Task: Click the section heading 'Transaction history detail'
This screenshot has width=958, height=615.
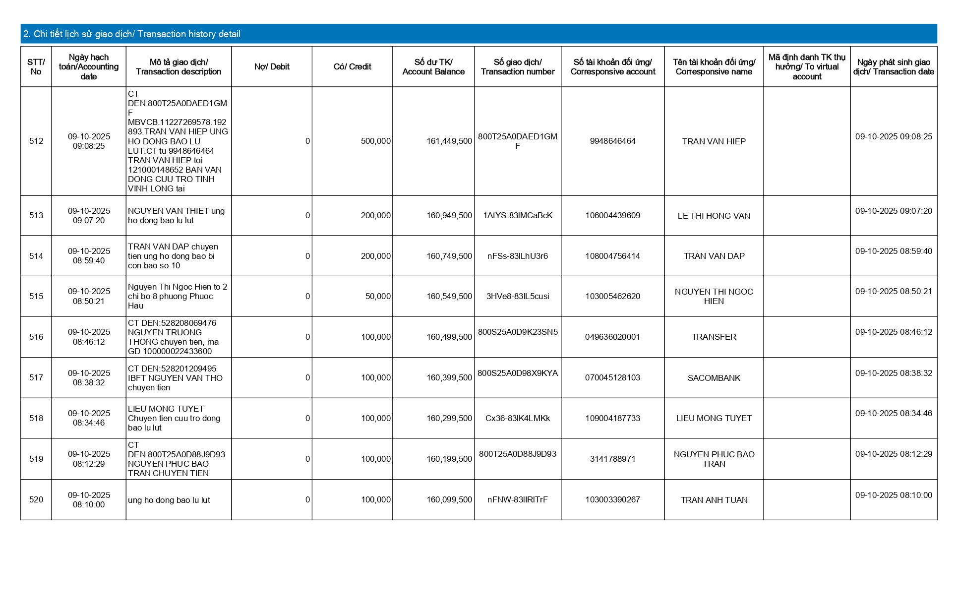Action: point(132,34)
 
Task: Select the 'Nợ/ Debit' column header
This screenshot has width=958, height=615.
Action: point(272,67)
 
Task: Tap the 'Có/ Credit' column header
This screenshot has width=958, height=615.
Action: point(352,67)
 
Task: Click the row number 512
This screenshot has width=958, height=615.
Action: point(36,141)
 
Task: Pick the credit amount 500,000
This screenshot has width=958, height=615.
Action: point(375,141)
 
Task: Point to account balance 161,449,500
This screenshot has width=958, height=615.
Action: point(449,141)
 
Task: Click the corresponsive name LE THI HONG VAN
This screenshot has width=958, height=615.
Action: point(714,216)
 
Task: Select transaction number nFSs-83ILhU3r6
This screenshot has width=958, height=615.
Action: point(517,256)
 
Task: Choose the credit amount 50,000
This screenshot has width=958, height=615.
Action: point(378,297)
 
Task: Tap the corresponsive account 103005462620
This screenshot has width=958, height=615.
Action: point(612,297)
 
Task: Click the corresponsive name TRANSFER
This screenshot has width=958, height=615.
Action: point(714,337)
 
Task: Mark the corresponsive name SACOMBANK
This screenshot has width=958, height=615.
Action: point(714,378)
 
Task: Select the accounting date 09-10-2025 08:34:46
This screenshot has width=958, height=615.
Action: point(89,418)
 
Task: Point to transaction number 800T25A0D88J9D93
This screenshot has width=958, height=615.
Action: point(517,454)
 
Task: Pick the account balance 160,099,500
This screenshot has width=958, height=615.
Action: point(449,500)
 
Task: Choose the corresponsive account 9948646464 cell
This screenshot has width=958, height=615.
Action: point(612,141)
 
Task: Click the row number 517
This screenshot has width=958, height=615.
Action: point(36,378)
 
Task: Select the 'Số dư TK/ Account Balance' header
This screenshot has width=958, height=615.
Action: point(433,67)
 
